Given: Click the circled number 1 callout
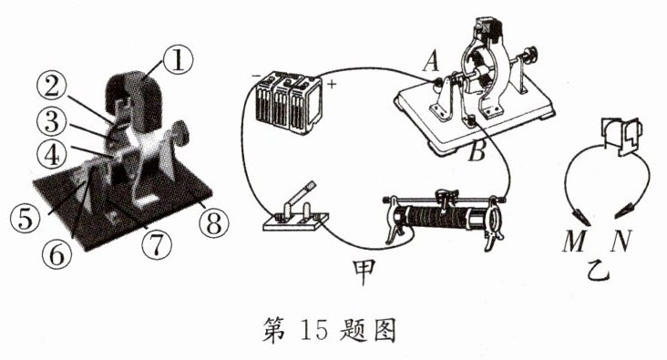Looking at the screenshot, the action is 177,61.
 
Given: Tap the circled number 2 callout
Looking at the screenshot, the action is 52,89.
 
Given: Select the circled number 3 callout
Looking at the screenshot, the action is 52,121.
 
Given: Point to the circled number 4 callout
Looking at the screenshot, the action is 52,154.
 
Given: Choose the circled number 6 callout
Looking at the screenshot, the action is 57,254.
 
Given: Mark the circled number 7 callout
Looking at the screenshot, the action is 157,245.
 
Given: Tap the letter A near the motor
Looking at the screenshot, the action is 430,63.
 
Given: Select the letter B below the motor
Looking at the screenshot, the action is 477,151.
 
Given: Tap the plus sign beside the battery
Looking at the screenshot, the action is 332,84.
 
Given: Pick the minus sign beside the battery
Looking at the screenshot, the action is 256,76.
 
